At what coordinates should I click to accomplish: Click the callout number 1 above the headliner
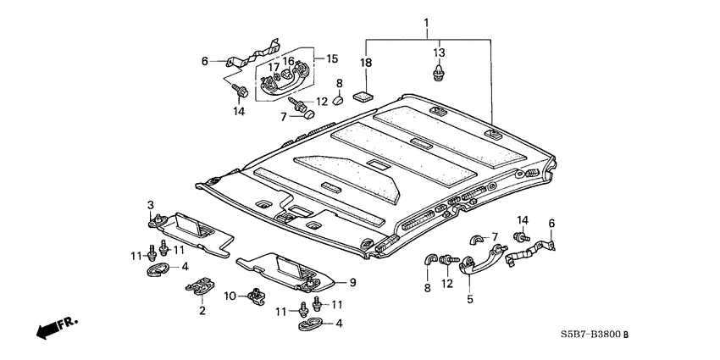426,21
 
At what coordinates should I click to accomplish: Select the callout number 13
438,53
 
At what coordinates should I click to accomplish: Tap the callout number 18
367,63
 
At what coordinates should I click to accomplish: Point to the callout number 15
332,59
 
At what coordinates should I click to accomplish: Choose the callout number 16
289,62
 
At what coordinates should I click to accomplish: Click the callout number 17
274,67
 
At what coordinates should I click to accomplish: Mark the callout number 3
151,205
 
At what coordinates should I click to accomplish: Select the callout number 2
202,311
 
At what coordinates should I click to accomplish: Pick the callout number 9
353,282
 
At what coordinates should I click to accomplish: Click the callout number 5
469,297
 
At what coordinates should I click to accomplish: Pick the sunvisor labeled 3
195,231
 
